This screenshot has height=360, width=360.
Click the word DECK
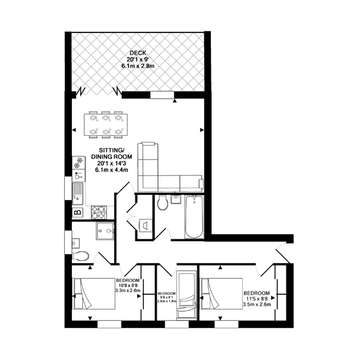pos(138,53)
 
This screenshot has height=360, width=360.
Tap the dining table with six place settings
pos(106,125)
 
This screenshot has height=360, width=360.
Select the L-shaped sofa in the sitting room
pos(171,167)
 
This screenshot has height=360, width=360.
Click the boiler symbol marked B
pos(78,212)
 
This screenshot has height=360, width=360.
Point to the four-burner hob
pos(99,212)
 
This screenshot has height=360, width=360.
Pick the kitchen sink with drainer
pos(78,194)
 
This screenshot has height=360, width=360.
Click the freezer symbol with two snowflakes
pos(79,163)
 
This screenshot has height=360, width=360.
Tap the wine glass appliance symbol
pos(79,175)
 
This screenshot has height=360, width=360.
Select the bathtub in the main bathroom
pos(194,217)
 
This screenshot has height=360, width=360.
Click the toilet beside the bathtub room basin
pos(162,202)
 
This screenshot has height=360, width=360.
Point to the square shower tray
pos(105,231)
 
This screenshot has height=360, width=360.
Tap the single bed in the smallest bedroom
pos(186,295)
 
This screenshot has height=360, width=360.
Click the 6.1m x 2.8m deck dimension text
pos(138,66)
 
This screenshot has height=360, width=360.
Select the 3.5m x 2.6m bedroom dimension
pos(257,305)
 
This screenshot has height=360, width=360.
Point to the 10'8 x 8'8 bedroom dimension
pos(128,285)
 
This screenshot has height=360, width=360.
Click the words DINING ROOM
pos(112,157)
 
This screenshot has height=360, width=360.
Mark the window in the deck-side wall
pos(162,95)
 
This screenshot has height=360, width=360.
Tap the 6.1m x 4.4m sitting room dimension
pos(112,170)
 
